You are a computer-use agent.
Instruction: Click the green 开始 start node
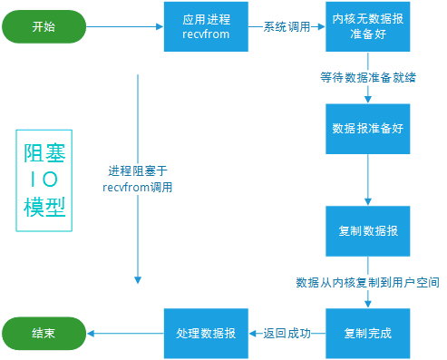43,26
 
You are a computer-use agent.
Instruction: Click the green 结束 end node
43,333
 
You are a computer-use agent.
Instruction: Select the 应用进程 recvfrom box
206,26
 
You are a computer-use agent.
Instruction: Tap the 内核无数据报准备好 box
368,26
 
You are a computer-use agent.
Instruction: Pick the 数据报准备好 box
368,128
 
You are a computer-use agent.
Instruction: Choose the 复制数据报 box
368,230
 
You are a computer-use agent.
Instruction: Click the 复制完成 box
368,333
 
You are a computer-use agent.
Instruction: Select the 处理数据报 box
206,333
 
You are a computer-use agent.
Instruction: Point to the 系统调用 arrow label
286,27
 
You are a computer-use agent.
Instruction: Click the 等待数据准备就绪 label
367,77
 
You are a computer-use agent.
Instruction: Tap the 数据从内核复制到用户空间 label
367,282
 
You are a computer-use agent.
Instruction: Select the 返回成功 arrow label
287,334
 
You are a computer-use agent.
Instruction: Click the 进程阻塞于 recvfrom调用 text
138,179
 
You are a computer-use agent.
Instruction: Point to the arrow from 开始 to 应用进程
124,27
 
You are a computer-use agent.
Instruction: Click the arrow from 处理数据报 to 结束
124,333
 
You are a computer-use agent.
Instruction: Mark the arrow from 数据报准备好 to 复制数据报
367,180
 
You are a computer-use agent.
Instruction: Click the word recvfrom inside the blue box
206,35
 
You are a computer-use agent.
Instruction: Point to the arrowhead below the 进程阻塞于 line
138,277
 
